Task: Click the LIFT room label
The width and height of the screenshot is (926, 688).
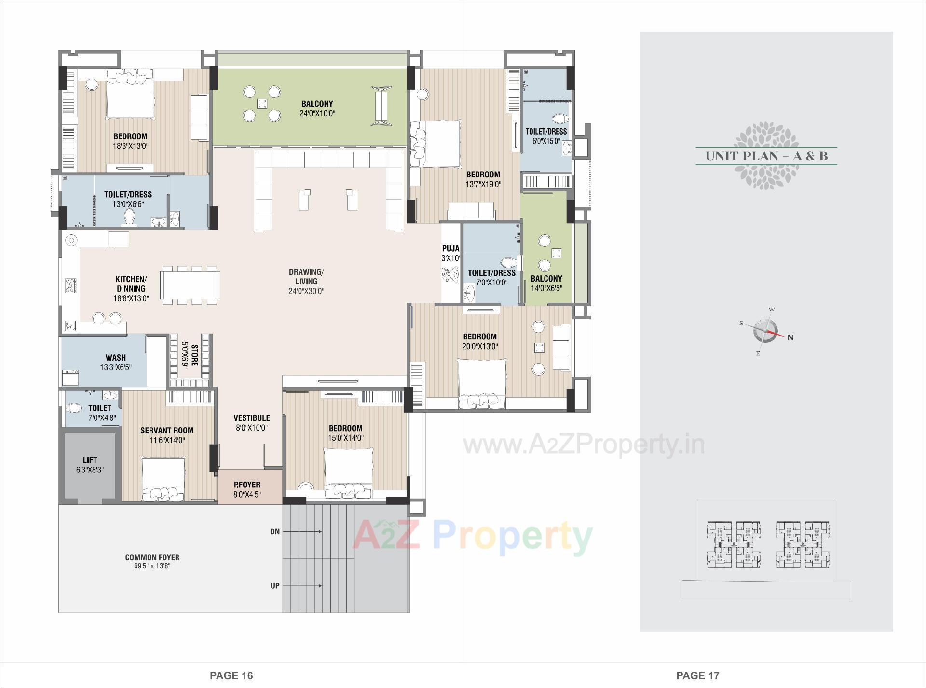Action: click(90, 460)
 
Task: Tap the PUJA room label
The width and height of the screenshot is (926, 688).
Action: click(450, 248)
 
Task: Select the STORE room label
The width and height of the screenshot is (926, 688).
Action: click(194, 355)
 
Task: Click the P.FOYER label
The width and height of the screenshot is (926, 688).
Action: click(247, 485)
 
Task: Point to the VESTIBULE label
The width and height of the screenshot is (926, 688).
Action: click(251, 418)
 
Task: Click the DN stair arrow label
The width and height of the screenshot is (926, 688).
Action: click(275, 532)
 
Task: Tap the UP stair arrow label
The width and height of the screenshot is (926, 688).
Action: click(275, 586)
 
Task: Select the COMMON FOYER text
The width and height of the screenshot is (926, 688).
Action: click(152, 557)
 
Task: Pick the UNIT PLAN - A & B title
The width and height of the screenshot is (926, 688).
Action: click(766, 156)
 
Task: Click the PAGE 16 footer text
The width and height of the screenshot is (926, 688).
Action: click(231, 675)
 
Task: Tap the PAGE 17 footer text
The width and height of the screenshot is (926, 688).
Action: click(697, 675)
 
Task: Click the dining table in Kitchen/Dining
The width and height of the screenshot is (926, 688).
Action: click(190, 285)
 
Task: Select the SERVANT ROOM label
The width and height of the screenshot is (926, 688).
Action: click(167, 430)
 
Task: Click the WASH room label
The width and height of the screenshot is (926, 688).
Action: click(116, 357)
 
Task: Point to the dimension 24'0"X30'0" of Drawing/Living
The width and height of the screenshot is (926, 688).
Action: click(306, 291)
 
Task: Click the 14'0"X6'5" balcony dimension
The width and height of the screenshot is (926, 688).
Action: click(546, 288)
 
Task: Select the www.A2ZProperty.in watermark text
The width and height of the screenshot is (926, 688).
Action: click(584, 445)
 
